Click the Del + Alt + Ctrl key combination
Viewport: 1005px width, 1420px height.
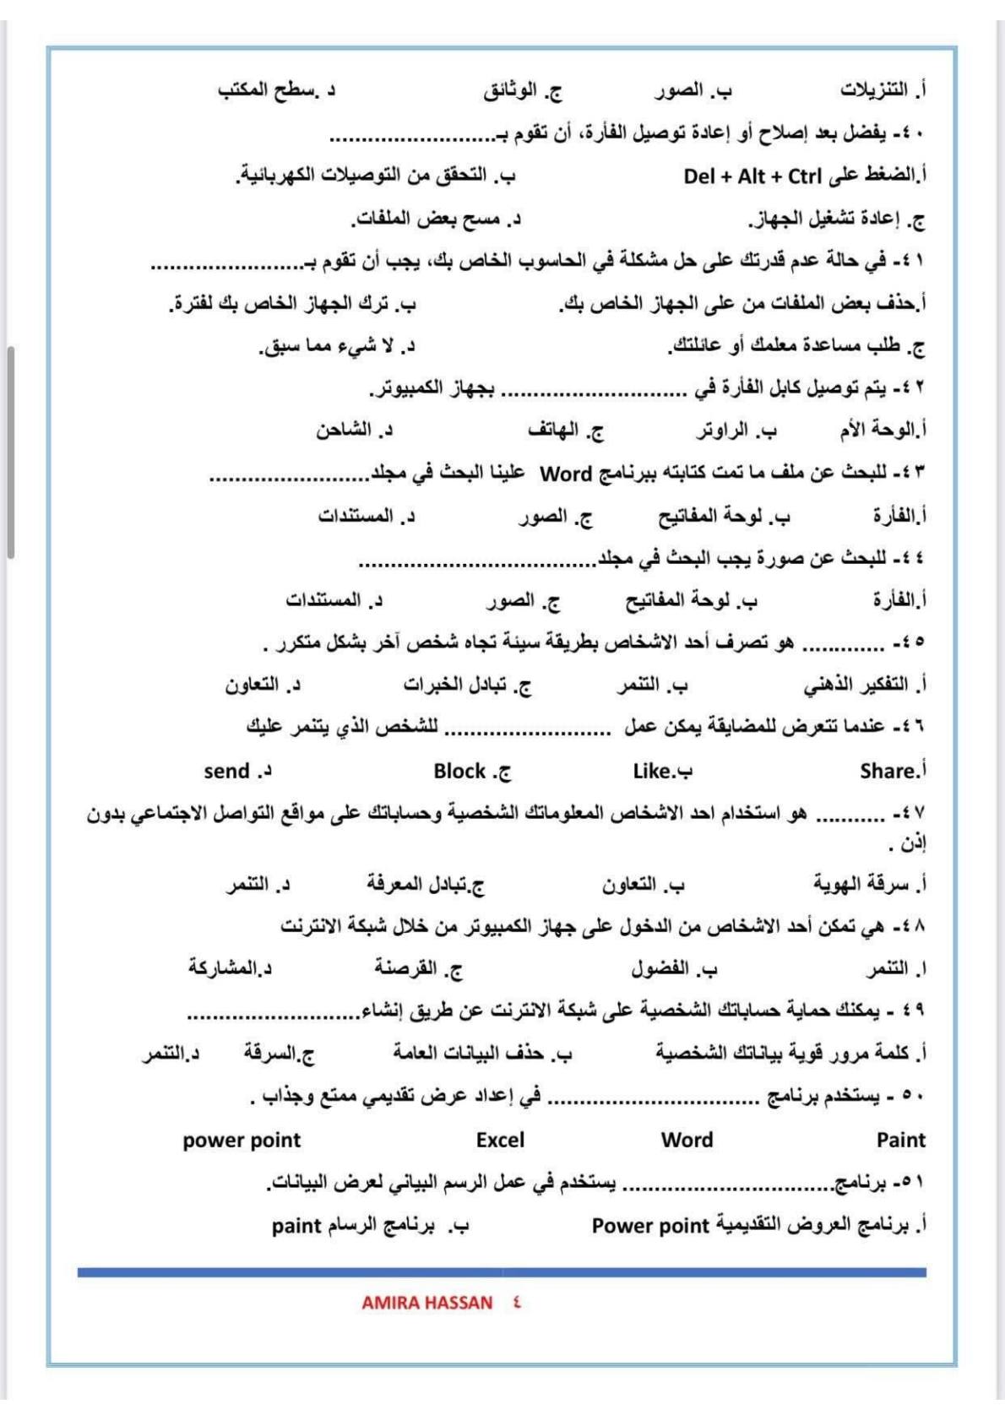(752, 176)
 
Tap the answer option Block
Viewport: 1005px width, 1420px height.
(460, 771)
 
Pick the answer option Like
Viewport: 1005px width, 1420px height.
(653, 771)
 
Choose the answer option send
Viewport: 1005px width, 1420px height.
(227, 771)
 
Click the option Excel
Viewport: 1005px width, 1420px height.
(500, 1140)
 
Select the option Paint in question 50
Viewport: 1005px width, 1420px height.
(900, 1140)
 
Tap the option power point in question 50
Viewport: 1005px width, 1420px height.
(242, 1140)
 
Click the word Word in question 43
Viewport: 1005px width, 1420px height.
(565, 474)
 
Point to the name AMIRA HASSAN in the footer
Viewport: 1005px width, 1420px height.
(426, 1302)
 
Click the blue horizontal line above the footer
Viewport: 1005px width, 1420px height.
(502, 1271)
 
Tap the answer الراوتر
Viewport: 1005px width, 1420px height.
(723, 431)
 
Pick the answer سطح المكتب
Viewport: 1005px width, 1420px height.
(265, 89)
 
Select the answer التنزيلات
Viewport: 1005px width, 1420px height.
(873, 89)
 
